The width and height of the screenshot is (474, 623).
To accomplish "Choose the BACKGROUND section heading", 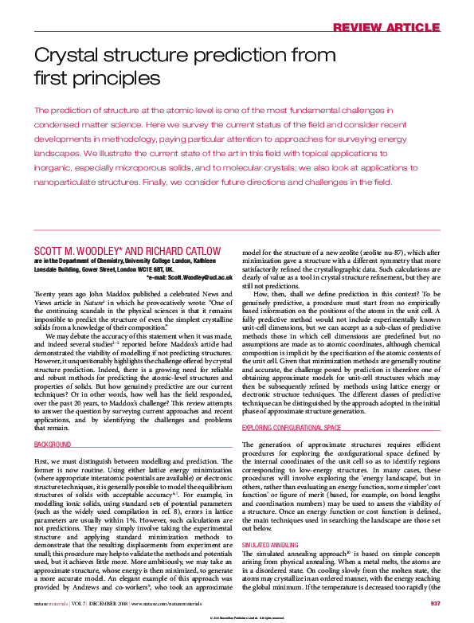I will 53,445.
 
